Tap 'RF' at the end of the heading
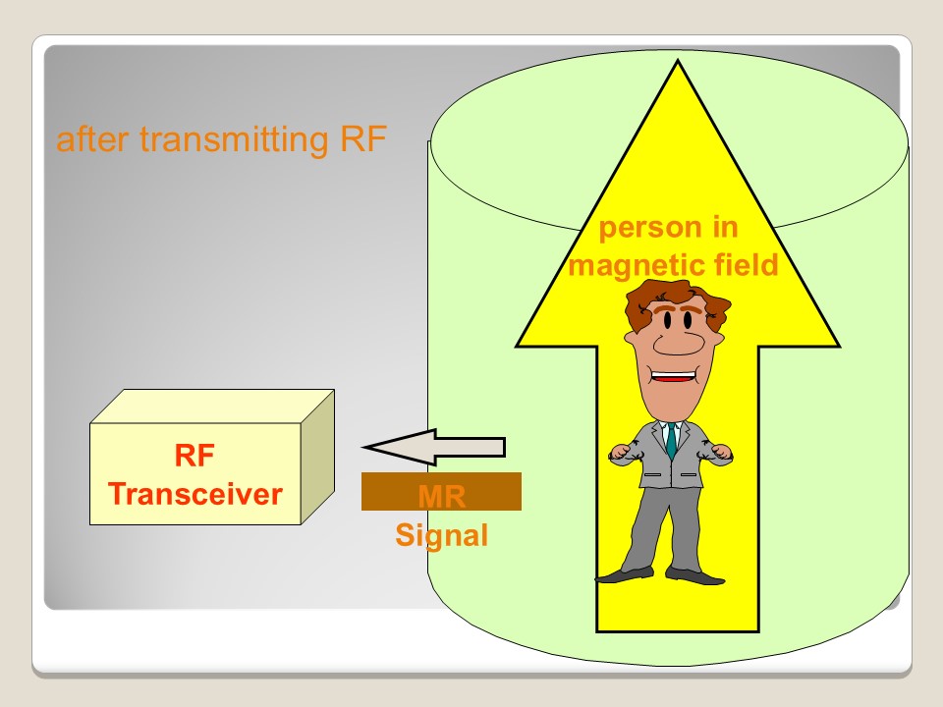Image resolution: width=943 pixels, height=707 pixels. point(363,140)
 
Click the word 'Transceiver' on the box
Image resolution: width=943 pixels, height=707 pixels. point(194,493)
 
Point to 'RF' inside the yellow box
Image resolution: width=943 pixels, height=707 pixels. point(194,457)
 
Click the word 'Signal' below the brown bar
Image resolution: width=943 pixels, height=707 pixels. point(441,537)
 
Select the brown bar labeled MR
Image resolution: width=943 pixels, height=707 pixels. point(441,492)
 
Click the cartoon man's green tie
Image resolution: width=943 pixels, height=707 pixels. point(672,441)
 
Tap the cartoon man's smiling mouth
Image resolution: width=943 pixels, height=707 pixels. point(674,376)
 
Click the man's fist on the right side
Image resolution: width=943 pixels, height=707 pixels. point(722,453)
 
